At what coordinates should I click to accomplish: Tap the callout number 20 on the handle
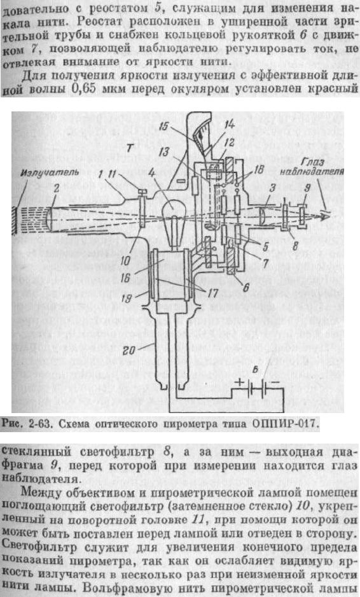(129, 349)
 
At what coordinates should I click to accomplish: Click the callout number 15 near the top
(165, 127)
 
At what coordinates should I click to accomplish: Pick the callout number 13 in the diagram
(163, 153)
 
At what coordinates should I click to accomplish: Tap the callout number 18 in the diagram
(258, 170)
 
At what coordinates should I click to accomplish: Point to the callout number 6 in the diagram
(246, 288)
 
